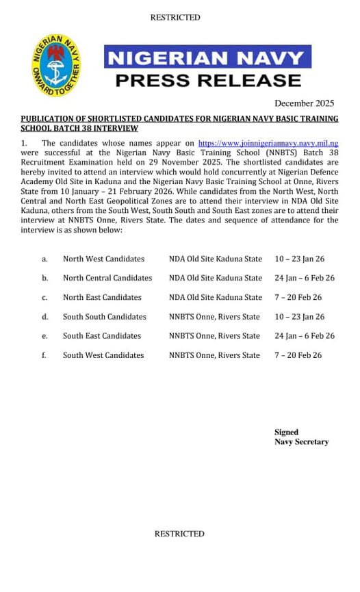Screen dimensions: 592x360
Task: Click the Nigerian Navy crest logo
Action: tap(57, 66)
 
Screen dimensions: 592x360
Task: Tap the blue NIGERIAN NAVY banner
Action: tap(207, 57)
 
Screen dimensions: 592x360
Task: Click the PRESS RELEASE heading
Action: tap(207, 80)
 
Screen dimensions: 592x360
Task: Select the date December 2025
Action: tap(304, 103)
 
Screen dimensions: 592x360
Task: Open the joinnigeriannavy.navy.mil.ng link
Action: tap(268, 144)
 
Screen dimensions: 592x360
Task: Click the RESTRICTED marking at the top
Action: tap(175, 18)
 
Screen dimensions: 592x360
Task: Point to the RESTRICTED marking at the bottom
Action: tap(179, 534)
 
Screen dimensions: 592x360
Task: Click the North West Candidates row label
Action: tap(103, 259)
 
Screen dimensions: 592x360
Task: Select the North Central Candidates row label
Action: tap(107, 279)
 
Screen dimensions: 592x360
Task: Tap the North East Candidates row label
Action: tap(102, 298)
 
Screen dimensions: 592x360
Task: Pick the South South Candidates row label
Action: tap(105, 317)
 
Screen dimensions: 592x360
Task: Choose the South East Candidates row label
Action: tap(102, 336)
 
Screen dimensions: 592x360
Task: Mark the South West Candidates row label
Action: tap(103, 355)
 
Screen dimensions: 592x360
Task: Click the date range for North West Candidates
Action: tap(300, 259)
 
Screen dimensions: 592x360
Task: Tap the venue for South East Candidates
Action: tap(214, 336)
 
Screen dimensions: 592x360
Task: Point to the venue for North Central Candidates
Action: tap(216, 279)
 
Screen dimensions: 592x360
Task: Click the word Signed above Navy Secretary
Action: tap(287, 433)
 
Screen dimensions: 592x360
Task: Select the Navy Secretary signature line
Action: tap(302, 442)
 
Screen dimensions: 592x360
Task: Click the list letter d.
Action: tap(44, 317)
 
